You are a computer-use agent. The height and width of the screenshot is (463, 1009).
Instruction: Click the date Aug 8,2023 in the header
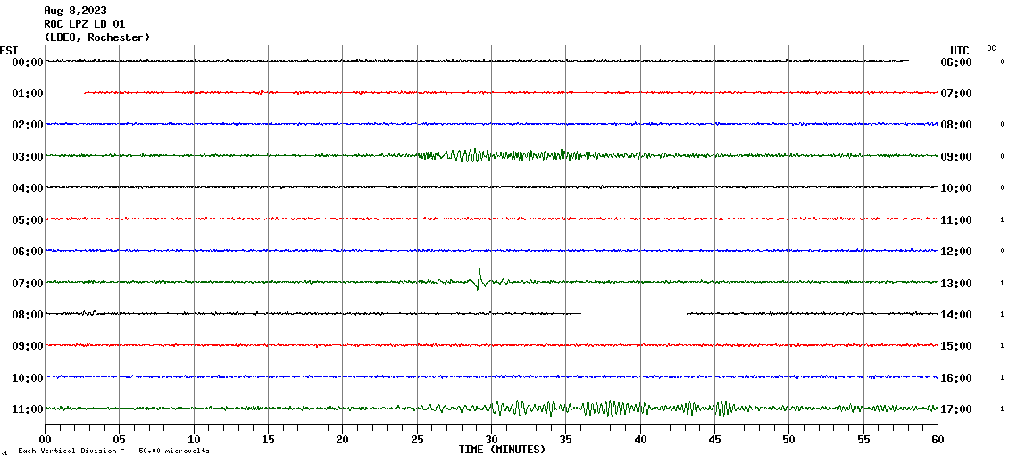(75, 11)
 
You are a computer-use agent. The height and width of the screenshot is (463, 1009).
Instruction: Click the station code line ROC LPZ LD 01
(85, 24)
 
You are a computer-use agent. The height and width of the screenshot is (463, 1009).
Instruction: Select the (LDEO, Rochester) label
(96, 37)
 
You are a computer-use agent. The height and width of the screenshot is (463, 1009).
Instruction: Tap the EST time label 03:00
(27, 157)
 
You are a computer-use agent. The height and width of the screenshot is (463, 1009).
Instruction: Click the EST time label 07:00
(27, 284)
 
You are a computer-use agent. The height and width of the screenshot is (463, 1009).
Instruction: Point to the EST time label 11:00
(27, 409)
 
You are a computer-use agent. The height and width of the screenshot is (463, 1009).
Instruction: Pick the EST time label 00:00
(27, 62)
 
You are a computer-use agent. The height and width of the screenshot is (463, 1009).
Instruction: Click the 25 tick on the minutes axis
(417, 440)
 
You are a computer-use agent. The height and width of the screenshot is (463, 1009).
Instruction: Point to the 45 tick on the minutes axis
(714, 440)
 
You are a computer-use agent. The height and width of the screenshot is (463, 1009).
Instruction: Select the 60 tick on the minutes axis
(937, 440)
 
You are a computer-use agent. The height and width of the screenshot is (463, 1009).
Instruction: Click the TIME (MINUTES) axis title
(501, 450)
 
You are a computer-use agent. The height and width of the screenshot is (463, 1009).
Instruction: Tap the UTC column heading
(959, 50)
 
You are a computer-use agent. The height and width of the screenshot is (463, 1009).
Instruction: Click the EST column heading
(9, 50)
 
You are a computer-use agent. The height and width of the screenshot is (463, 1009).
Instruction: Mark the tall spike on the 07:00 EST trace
(479, 271)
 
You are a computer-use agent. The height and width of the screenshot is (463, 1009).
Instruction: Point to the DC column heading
(991, 48)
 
